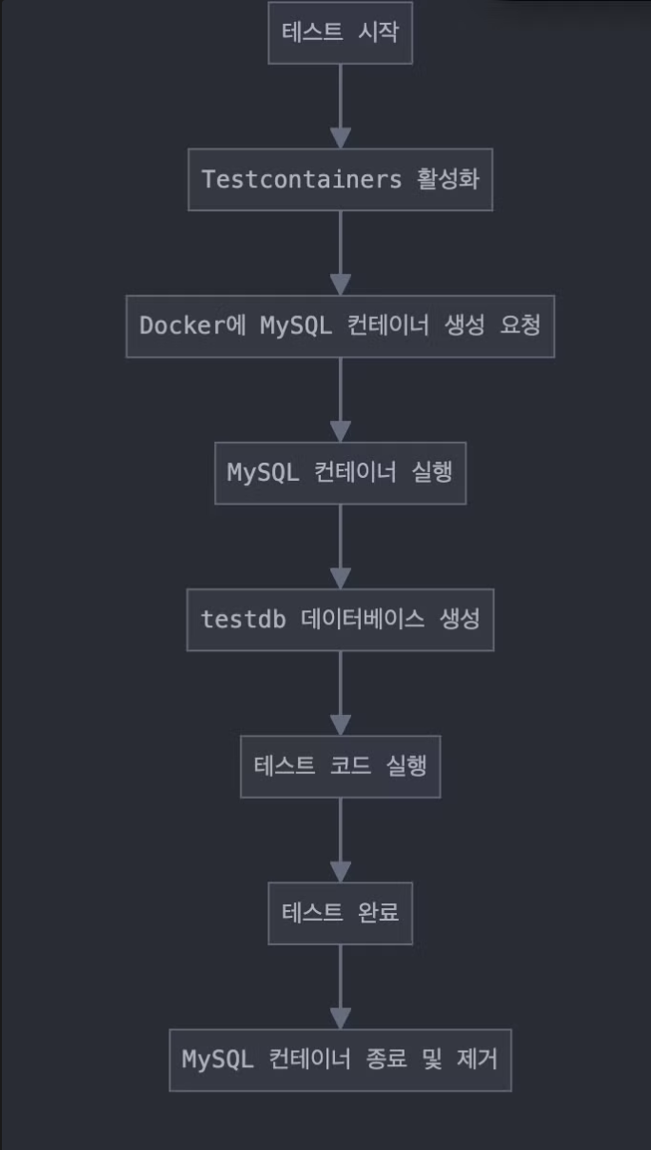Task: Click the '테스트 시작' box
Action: click(340, 32)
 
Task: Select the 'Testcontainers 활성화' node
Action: click(340, 179)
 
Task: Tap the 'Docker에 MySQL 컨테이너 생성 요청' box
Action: click(340, 326)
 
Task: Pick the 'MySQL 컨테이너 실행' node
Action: click(340, 472)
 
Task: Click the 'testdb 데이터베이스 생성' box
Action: click(340, 619)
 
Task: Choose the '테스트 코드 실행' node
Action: click(340, 765)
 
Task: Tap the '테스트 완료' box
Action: click(340, 912)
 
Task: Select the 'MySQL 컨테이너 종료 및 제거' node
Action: click(340, 1059)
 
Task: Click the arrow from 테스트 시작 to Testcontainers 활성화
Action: click(340, 106)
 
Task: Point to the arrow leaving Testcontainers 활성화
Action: click(340, 252)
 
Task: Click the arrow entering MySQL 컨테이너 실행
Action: click(340, 399)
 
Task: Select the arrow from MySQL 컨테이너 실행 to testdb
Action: click(340, 545)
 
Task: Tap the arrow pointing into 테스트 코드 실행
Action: click(340, 692)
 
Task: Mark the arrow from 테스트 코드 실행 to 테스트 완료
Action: click(340, 839)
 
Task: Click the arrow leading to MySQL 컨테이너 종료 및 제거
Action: click(340, 985)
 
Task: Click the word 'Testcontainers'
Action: click(302, 179)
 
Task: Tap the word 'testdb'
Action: click(244, 619)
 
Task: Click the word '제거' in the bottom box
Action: click(476, 1059)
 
